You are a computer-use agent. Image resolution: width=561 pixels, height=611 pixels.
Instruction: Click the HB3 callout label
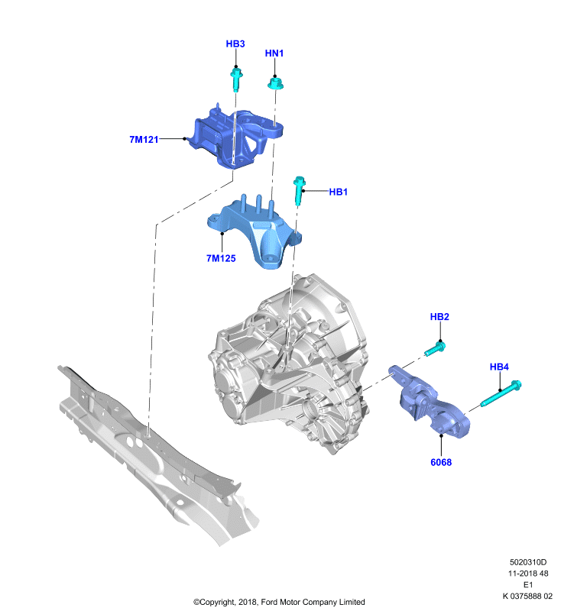pyautogui.click(x=235, y=44)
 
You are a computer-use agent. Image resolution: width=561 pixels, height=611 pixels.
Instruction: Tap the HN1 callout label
pyautogui.click(x=274, y=53)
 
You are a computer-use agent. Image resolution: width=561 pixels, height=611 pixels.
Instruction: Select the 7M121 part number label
pyautogui.click(x=144, y=139)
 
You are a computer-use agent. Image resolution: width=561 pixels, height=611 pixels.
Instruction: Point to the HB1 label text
pyautogui.click(x=338, y=192)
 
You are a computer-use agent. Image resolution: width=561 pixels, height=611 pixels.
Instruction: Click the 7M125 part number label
pyautogui.click(x=221, y=258)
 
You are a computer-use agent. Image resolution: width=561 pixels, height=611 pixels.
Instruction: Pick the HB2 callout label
pyautogui.click(x=439, y=317)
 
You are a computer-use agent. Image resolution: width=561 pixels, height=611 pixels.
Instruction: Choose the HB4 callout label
pyautogui.click(x=499, y=367)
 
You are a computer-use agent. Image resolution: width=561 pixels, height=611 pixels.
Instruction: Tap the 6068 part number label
pyautogui.click(x=441, y=462)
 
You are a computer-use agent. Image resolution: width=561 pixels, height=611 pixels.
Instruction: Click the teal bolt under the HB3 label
pyautogui.click(x=236, y=79)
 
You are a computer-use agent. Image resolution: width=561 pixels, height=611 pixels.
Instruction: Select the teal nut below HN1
pyautogui.click(x=275, y=83)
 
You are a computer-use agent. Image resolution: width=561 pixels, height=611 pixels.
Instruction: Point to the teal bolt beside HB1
pyautogui.click(x=299, y=190)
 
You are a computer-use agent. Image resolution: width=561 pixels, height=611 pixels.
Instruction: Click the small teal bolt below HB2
pyautogui.click(x=435, y=349)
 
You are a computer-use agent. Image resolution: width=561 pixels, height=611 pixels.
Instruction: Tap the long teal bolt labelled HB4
pyautogui.click(x=501, y=393)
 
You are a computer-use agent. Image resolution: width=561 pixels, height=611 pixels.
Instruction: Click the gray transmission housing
pyautogui.click(x=288, y=364)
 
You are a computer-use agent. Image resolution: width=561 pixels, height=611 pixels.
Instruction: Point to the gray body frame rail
pyautogui.click(x=158, y=454)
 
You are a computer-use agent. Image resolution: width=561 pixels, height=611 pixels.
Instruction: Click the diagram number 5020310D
pyautogui.click(x=528, y=562)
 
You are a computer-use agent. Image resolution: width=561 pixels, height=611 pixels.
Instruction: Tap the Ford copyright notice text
pyautogui.click(x=279, y=602)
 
